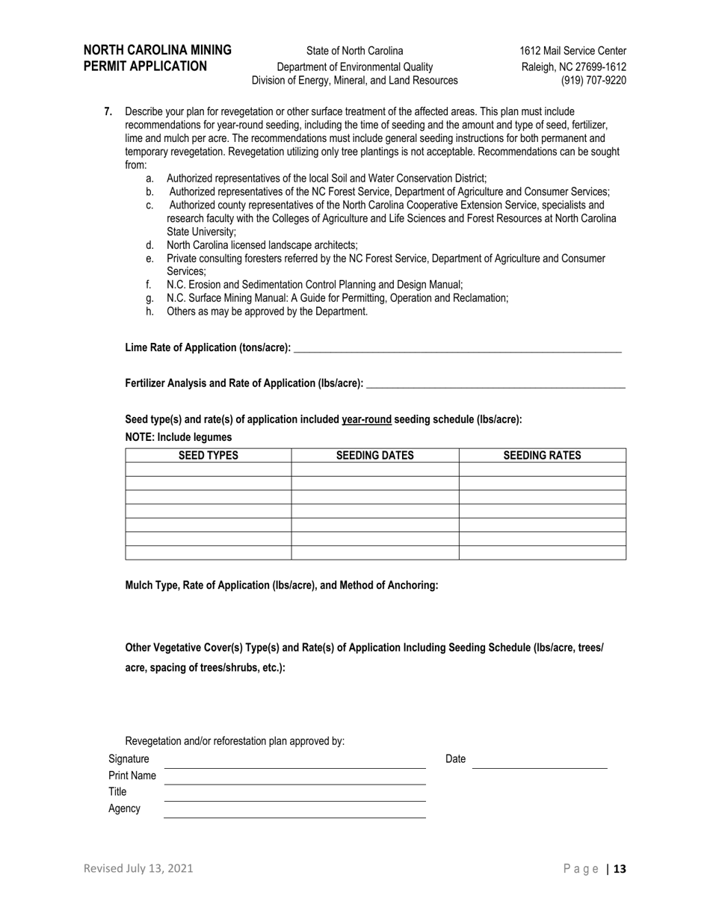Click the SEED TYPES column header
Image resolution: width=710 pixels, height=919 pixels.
point(208,455)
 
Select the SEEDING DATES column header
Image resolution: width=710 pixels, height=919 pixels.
point(374,455)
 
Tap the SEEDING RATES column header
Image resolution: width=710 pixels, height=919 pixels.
point(542,455)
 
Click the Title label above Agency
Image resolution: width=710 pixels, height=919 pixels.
point(117,792)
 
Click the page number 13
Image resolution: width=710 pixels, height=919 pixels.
point(620,868)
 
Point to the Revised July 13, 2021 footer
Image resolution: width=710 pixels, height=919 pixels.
point(138,868)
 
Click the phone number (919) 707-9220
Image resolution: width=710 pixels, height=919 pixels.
point(593,81)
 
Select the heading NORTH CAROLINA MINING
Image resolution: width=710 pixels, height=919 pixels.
point(157,50)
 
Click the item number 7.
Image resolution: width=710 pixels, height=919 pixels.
point(108,111)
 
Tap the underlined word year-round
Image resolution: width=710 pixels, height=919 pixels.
point(366,419)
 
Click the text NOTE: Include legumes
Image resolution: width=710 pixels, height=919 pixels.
point(178,437)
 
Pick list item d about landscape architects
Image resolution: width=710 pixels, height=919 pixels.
point(262,245)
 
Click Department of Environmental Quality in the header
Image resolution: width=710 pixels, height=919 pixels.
point(354,66)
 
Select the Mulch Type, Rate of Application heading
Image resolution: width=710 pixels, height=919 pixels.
point(281,586)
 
